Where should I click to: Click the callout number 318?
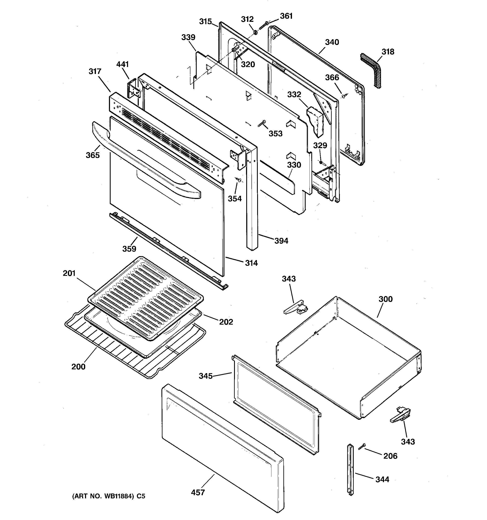[388, 52]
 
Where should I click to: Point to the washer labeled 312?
[255, 32]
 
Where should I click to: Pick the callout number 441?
[122, 64]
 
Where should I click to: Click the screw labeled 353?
[261, 124]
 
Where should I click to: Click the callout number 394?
[281, 241]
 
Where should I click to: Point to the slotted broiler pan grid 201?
[145, 298]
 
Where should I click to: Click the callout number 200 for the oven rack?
[79, 367]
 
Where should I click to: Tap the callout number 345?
[206, 376]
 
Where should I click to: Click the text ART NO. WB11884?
[103, 496]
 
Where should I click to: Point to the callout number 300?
[386, 299]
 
